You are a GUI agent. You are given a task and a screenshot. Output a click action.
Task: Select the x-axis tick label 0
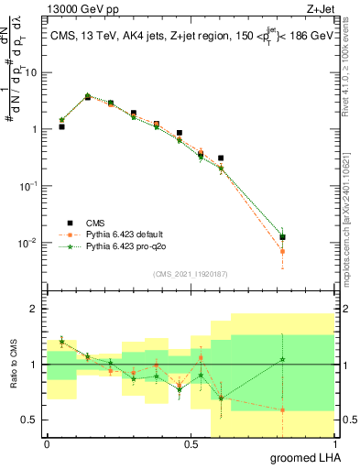click(x=47, y=444)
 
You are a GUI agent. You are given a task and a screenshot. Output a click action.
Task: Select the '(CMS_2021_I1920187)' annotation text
click(x=189, y=273)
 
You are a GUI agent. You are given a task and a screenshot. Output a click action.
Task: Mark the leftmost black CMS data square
click(x=61, y=126)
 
